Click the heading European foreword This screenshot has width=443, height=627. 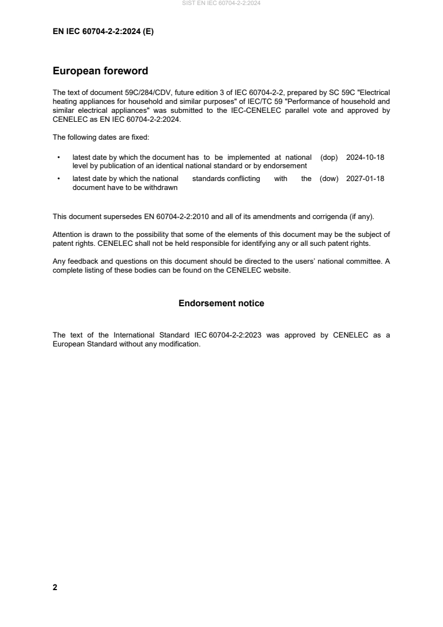100,71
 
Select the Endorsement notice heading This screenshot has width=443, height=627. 221,303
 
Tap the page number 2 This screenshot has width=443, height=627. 55,587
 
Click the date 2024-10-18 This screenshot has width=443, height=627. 365,158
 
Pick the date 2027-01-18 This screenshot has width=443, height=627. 365,179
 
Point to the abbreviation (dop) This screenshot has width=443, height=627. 329,158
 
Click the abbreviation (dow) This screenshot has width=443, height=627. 329,179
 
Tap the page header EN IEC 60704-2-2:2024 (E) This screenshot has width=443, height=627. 103,32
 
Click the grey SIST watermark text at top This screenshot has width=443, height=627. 221,3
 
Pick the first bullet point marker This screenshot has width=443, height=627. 59,158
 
